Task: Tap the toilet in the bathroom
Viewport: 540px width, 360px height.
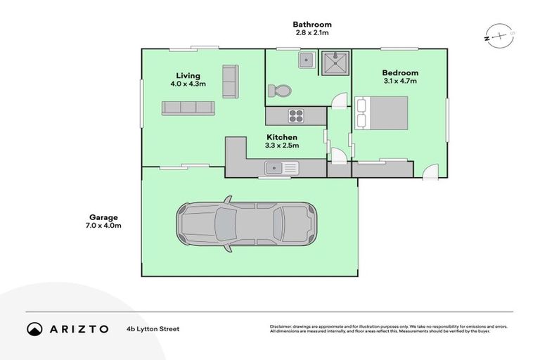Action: pos(279,91)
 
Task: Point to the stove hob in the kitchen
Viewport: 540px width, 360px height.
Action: pos(296,115)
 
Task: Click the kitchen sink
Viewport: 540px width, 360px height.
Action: pos(281,167)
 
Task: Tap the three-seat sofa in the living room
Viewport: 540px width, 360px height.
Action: pos(188,108)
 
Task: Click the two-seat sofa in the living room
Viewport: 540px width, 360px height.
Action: pos(230,82)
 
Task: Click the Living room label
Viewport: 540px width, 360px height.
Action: pos(188,75)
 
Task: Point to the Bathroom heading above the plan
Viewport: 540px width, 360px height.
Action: pos(312,25)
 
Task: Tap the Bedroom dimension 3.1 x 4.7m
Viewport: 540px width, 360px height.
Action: pos(400,81)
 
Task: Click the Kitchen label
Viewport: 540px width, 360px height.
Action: pos(281,137)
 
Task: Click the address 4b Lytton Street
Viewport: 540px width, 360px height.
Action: pos(153,328)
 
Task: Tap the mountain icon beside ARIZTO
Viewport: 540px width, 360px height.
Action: pos(34,328)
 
